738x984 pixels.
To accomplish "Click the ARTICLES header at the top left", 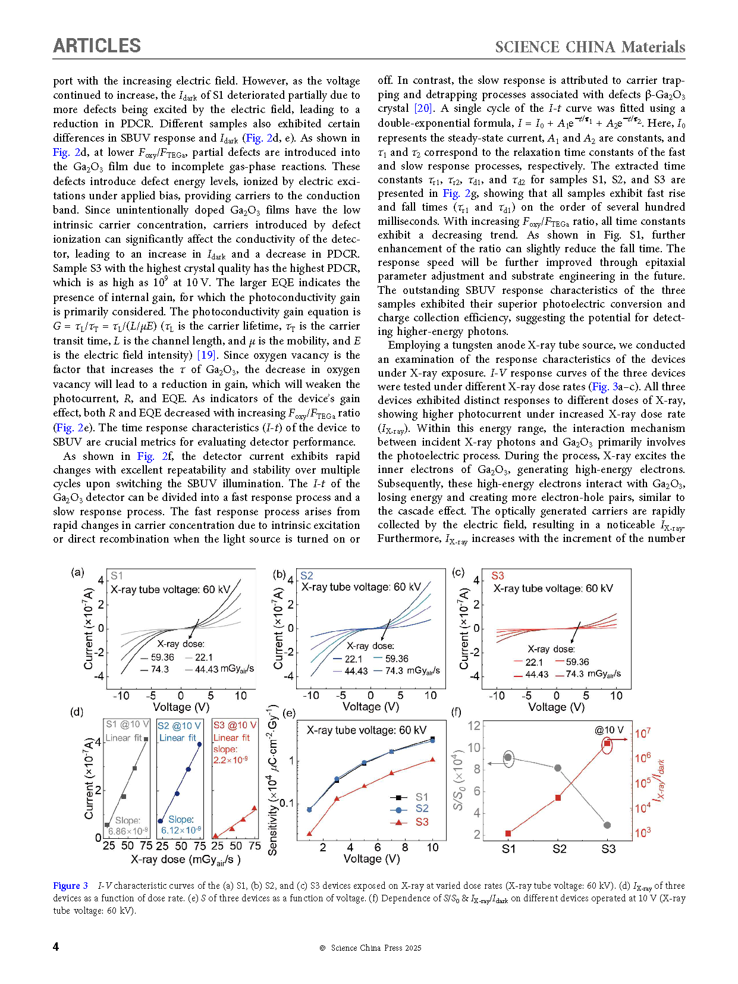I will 97,46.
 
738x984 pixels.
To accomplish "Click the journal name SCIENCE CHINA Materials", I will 590,47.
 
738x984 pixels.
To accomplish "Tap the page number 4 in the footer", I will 56,947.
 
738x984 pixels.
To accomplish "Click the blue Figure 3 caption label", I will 70,886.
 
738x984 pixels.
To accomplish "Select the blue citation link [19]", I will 206,355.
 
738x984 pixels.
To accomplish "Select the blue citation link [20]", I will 423,108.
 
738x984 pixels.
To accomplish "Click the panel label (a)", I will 77,572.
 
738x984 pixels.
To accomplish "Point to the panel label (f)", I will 456,712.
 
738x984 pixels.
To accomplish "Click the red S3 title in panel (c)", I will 498,576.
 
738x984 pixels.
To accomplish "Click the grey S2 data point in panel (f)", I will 558,768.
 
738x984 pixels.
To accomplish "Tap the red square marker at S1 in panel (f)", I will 508,833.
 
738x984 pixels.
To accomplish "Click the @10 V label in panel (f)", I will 609,730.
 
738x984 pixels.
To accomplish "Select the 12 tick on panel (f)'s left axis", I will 474,725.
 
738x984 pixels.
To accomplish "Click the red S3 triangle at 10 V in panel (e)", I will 432,759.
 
